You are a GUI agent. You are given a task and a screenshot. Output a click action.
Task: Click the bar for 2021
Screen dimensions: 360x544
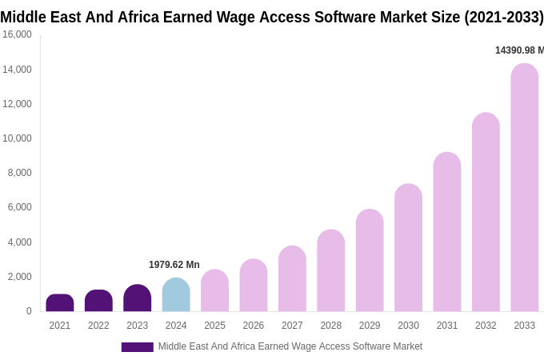(x=60, y=303)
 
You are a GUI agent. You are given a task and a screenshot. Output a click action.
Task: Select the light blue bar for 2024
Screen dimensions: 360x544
(x=176, y=295)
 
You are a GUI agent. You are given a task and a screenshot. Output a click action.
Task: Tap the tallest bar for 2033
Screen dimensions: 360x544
(x=525, y=188)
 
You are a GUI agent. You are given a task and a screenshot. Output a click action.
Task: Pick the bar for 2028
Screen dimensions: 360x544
(x=331, y=271)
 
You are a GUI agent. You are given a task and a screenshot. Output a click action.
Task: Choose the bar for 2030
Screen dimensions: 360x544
(x=408, y=248)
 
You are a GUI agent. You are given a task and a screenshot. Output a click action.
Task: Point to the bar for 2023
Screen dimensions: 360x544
(x=138, y=298)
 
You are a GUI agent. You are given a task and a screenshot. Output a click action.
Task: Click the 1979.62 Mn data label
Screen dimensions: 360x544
(x=174, y=265)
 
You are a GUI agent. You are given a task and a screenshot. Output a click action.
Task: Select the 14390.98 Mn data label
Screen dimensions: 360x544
(x=519, y=50)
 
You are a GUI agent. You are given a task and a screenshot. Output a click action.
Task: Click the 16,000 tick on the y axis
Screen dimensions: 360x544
(x=18, y=34)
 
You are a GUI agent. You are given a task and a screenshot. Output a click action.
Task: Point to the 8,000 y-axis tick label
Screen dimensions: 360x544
(x=20, y=173)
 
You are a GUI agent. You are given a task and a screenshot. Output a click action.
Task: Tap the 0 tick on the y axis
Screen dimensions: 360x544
(x=29, y=311)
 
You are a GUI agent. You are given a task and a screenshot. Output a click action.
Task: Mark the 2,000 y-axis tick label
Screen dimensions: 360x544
(x=20, y=277)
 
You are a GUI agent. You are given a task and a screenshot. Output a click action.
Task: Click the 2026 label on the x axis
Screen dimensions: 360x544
(x=254, y=326)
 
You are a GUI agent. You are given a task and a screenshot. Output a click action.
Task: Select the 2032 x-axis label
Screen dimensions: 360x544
(x=486, y=326)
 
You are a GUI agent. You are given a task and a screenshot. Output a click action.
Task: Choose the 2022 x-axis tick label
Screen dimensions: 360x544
(x=98, y=326)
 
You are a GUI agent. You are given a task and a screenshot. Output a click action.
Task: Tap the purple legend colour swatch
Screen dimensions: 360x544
(x=137, y=347)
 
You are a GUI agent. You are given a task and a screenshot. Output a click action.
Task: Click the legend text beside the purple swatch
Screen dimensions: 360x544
(x=290, y=346)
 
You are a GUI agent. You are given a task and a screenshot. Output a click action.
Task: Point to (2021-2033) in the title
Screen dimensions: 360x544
(x=503, y=17)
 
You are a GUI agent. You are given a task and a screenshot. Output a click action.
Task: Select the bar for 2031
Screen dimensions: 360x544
(x=447, y=232)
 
